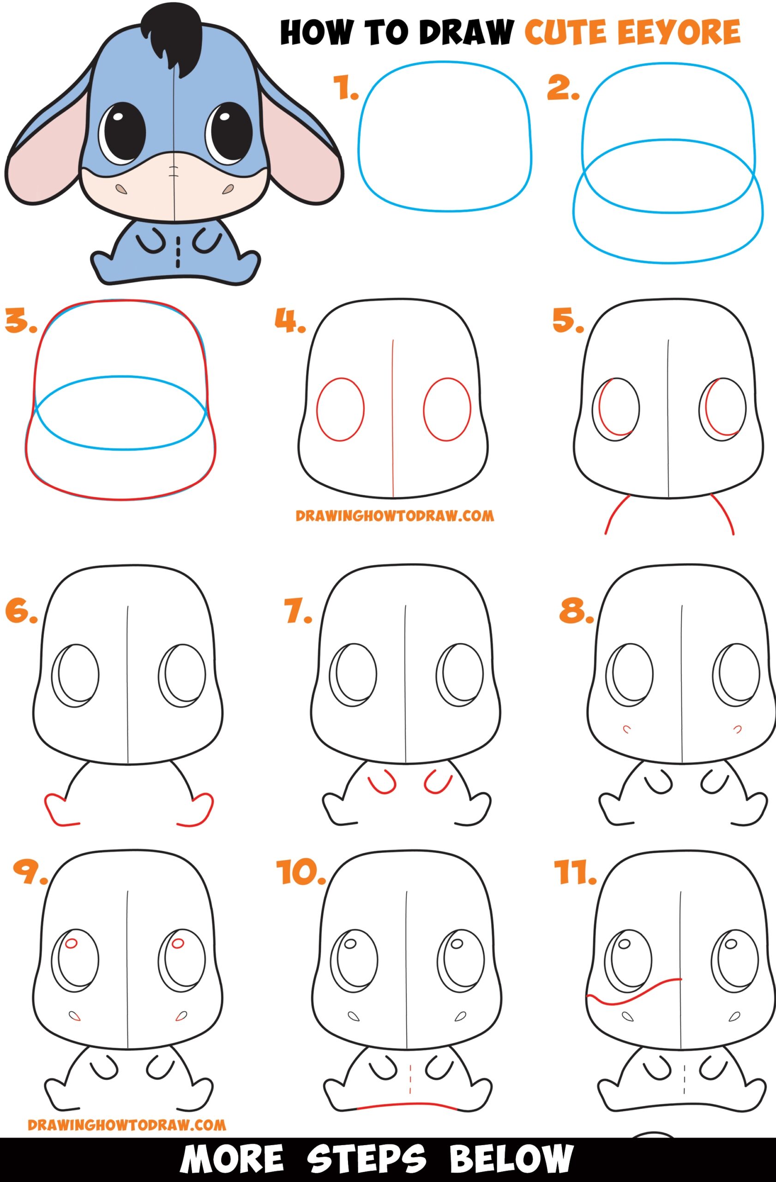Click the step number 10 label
300,872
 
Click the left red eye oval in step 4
340,409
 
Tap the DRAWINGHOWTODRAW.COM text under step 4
395,516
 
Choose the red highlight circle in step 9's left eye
72,941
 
